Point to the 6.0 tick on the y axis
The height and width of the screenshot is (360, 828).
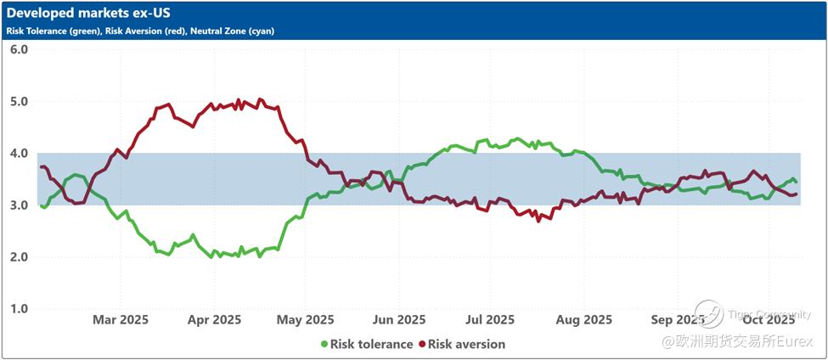click(19, 49)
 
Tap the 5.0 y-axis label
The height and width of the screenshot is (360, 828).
click(19, 101)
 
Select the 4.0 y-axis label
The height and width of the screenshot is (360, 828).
click(19, 153)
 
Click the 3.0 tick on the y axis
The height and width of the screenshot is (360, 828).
click(19, 205)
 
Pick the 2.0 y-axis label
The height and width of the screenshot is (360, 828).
click(19, 256)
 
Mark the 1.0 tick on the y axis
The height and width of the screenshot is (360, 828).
click(19, 308)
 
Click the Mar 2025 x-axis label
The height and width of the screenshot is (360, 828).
click(121, 320)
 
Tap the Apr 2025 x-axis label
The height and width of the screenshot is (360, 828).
click(213, 320)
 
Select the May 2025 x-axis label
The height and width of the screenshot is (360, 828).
click(306, 320)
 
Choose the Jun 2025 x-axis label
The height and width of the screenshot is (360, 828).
click(398, 320)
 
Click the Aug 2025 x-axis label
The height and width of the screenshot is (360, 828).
click(584, 320)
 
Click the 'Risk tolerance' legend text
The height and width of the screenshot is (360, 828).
click(371, 344)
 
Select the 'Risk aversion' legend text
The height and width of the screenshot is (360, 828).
click(466, 344)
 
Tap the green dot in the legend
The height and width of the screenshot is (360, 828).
click(324, 344)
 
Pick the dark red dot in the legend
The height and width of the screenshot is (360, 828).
click(421, 344)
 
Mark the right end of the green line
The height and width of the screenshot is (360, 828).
click(795, 182)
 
